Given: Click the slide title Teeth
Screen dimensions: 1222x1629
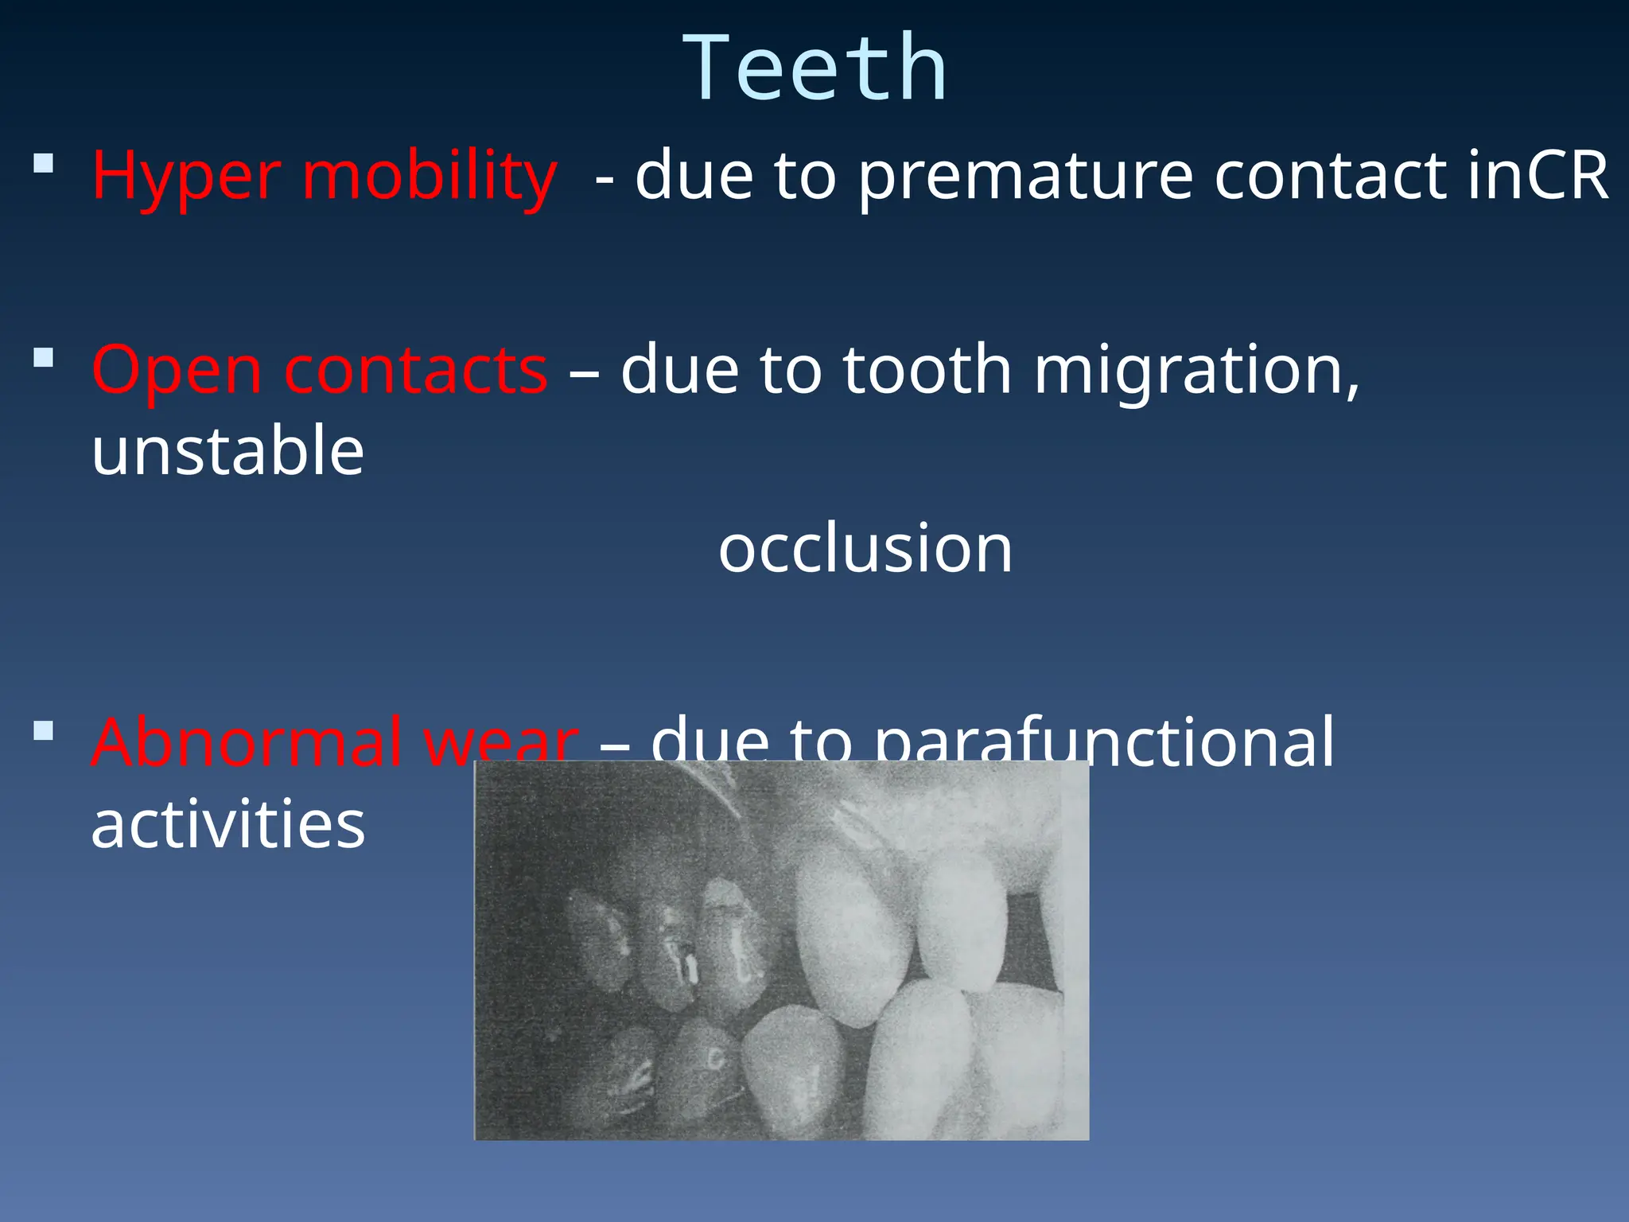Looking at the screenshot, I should [x=815, y=69].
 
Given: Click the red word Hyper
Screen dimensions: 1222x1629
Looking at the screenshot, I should [x=186, y=177].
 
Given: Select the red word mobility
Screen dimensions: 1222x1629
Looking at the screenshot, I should [x=430, y=177].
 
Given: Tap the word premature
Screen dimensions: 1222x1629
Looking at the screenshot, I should [x=1025, y=177].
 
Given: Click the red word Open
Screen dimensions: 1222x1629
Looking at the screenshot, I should [x=177, y=372].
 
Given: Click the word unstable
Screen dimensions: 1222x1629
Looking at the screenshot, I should [x=228, y=452].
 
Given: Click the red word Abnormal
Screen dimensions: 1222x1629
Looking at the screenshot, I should [x=247, y=741].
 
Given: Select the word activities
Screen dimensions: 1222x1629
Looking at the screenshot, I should [x=228, y=825].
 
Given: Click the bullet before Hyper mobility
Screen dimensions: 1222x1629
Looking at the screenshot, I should [x=44, y=164].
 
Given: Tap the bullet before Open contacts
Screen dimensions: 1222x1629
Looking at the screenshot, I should [x=44, y=358].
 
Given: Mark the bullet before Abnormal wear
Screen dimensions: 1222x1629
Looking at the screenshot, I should [x=44, y=730].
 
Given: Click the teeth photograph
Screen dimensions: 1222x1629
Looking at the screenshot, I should [x=781, y=950].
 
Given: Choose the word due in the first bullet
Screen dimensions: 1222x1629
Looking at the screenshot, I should [x=694, y=177].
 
